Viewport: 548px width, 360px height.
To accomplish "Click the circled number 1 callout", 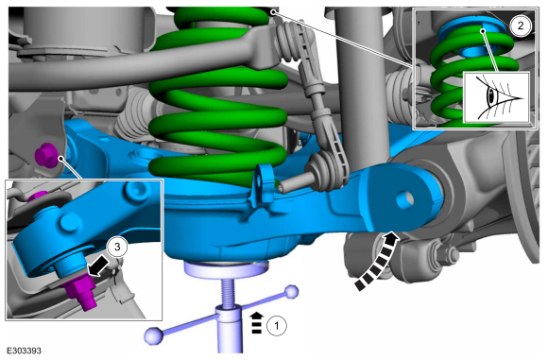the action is click(277, 326).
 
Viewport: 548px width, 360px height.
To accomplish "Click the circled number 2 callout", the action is click(521, 26).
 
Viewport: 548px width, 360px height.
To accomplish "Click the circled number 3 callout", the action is click(117, 247).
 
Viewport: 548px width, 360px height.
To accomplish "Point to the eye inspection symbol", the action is click(496, 98).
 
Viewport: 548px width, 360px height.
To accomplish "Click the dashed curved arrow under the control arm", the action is click(377, 262).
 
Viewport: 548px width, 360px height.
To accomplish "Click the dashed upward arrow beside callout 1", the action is click(257, 322).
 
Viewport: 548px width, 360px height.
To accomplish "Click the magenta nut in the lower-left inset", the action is click(79, 289).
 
